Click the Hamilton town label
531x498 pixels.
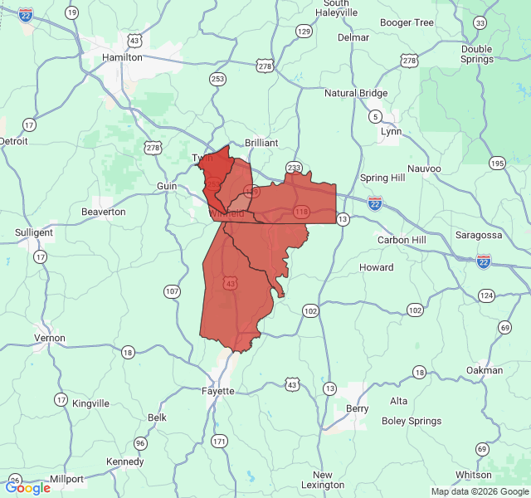122,57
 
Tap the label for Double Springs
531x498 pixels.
476,54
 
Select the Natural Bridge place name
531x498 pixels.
356,93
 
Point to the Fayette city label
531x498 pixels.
218,390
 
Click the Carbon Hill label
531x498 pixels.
401,240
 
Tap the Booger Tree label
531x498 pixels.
407,22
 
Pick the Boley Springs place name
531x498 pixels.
412,421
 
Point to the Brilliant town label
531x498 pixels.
261,143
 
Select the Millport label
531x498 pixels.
66,479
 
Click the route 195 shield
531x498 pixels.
496,163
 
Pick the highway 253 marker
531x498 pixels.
217,79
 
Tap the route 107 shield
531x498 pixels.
172,290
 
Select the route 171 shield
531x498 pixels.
219,442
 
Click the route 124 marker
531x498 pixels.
487,295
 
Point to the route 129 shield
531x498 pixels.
304,32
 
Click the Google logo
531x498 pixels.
27,488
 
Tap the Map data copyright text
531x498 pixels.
480,491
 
